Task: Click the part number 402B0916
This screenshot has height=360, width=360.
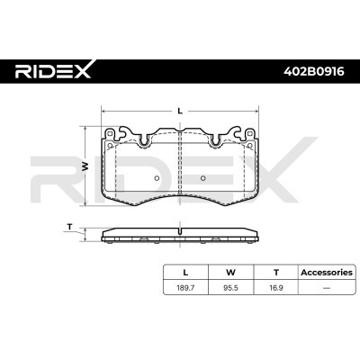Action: click(313, 71)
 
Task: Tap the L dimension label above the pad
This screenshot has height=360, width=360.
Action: click(180, 111)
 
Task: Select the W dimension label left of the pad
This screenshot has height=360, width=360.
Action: click(85, 166)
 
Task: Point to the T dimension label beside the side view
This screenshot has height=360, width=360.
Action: click(70, 227)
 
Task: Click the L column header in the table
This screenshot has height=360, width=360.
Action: click(185, 273)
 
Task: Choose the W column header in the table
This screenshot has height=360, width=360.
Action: click(230, 273)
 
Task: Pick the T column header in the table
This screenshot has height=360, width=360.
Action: click(276, 273)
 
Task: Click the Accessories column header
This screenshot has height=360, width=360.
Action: click(327, 273)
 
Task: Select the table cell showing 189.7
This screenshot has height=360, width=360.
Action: click(185, 288)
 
